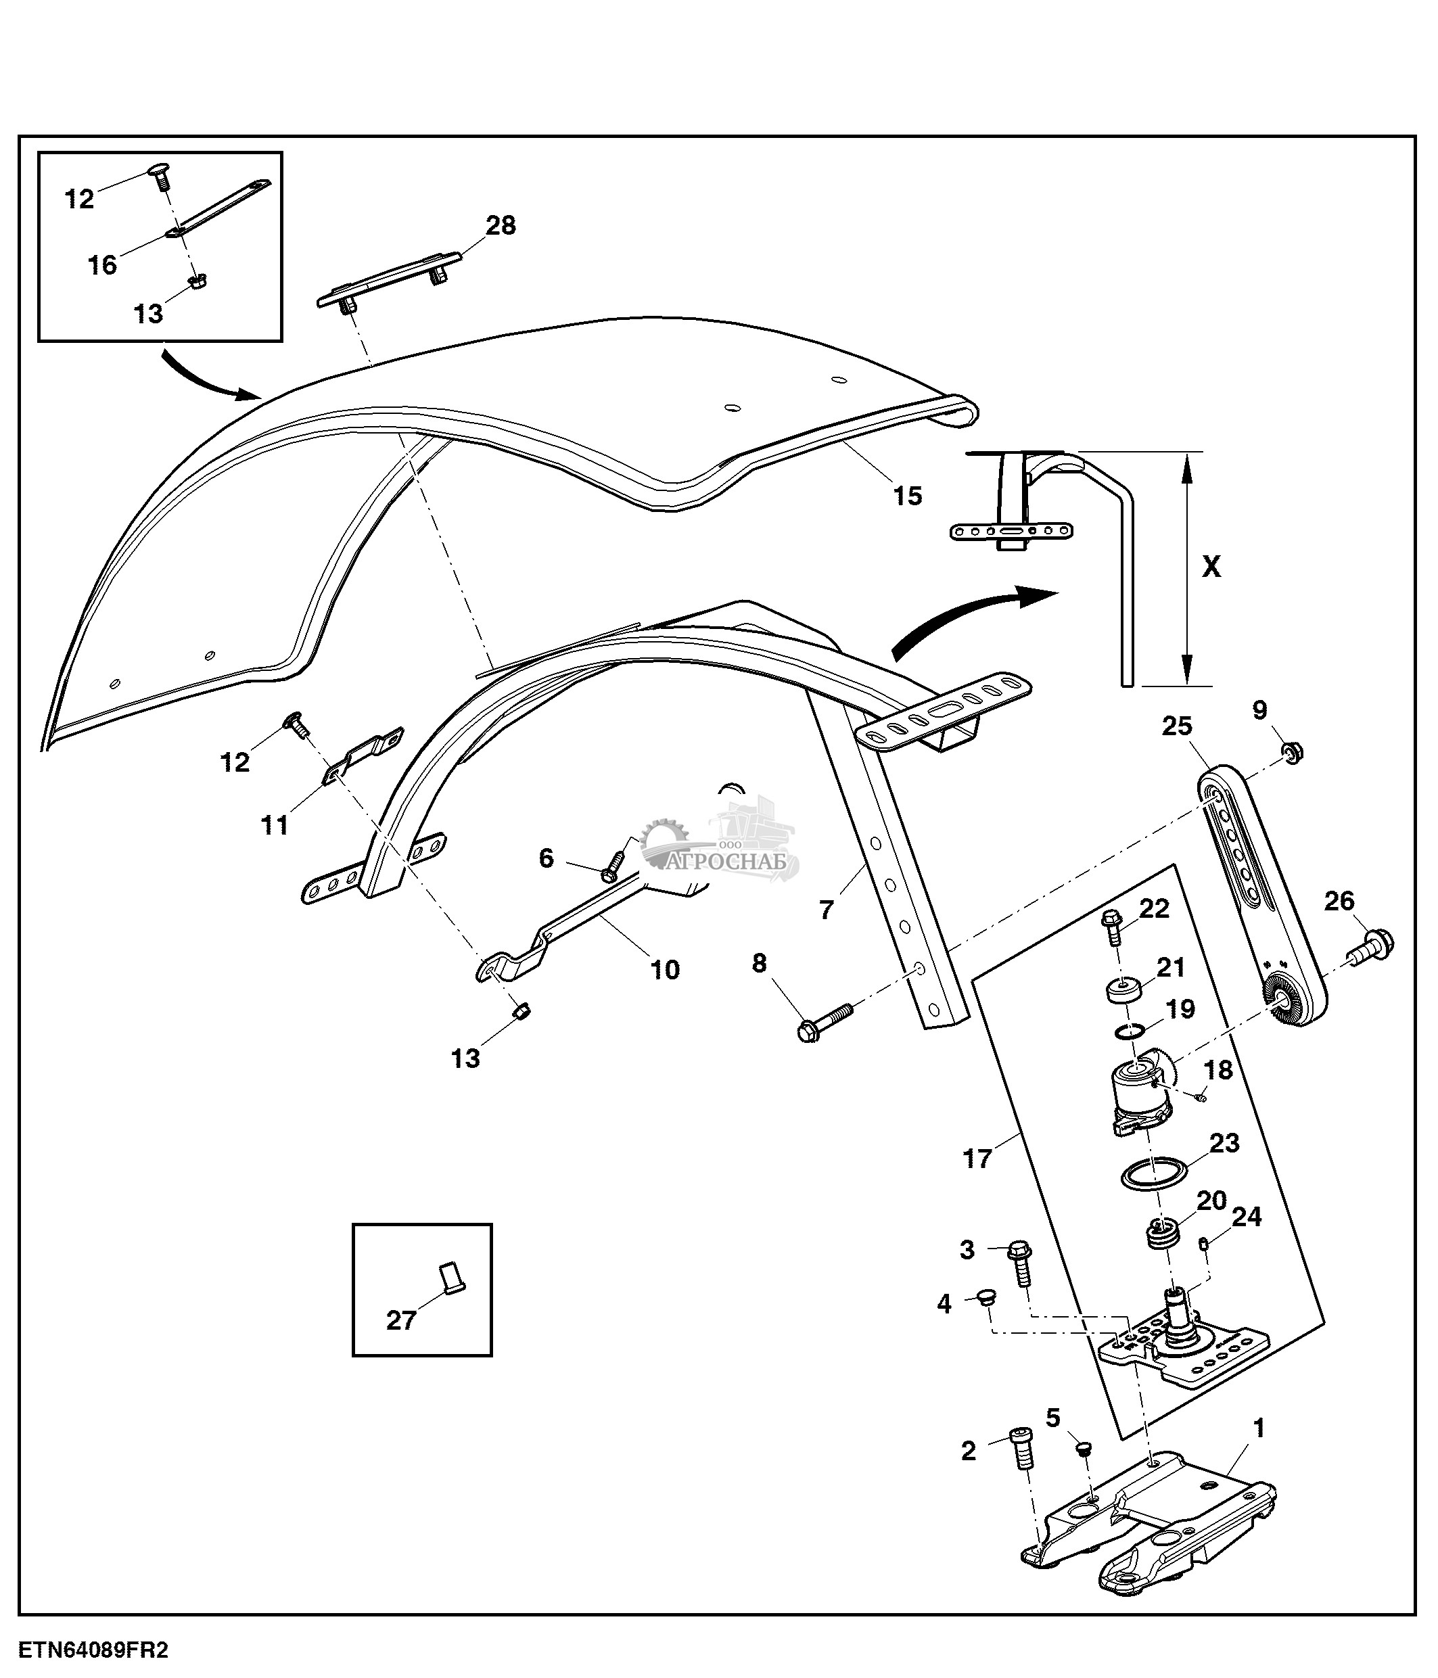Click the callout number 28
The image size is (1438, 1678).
tap(501, 225)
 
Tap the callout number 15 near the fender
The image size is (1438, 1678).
tap(907, 496)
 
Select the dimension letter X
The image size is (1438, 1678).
tap(1211, 567)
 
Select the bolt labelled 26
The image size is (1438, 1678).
tap(1372, 946)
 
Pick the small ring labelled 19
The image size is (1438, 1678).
tap(1130, 1031)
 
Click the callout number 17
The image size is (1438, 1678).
tap(977, 1159)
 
